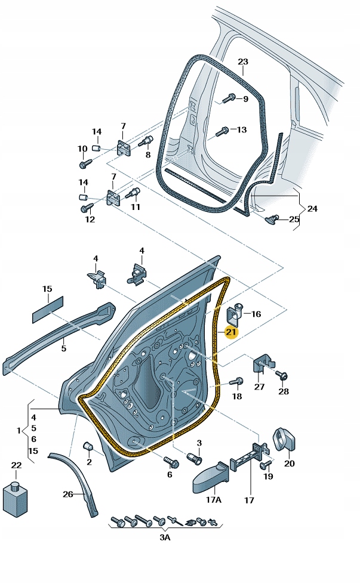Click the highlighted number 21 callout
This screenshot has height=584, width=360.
click(x=230, y=332)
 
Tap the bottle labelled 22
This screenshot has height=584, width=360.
click(x=16, y=496)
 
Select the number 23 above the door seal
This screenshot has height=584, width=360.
click(x=242, y=62)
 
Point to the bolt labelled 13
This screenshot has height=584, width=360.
click(x=222, y=130)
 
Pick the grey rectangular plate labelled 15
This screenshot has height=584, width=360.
click(x=48, y=307)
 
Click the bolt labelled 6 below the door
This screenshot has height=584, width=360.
click(x=171, y=462)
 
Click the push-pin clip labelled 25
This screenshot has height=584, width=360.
click(x=272, y=219)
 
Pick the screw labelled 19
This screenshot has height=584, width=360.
click(x=266, y=463)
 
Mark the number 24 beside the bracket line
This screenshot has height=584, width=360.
click(x=312, y=209)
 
